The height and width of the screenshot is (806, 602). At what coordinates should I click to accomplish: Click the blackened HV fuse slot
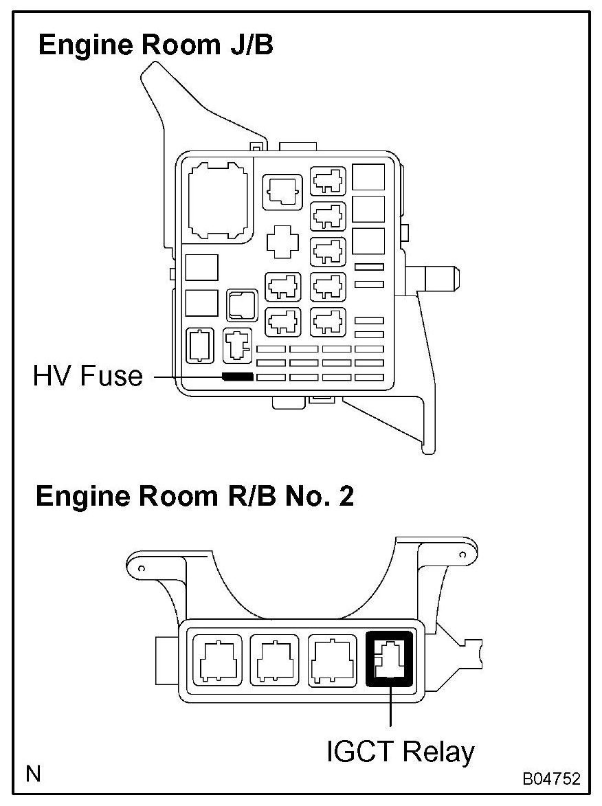coord(238,377)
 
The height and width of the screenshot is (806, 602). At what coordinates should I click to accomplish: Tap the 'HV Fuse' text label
coord(87,376)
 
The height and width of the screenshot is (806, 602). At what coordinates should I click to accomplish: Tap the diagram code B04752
coord(550,779)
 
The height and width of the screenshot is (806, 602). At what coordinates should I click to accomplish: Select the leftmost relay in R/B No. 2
coord(217,660)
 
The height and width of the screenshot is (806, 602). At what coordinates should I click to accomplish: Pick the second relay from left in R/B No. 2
coord(275,660)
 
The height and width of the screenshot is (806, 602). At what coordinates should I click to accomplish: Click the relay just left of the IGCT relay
coord(333,660)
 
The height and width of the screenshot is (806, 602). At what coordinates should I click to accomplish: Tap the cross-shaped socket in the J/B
coord(282,243)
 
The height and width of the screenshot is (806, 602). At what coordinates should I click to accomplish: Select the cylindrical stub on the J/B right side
coord(440,276)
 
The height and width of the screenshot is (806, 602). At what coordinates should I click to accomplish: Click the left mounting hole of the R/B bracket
coord(142,569)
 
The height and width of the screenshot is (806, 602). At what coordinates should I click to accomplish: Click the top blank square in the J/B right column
coord(368,177)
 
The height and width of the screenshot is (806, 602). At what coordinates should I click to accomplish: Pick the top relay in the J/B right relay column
coord(328,182)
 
